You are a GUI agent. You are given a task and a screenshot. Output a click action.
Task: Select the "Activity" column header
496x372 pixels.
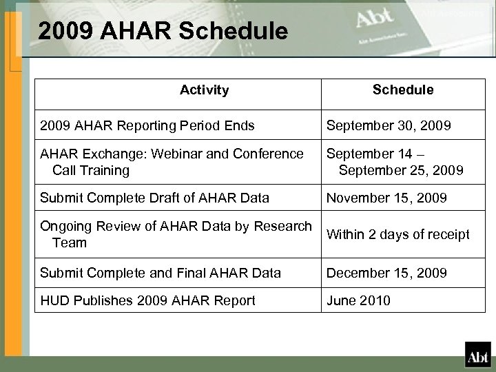coord(204,90)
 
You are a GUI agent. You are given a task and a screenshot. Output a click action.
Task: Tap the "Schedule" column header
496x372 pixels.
coord(403,90)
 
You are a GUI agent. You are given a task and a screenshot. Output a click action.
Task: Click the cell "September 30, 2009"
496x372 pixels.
coord(389,126)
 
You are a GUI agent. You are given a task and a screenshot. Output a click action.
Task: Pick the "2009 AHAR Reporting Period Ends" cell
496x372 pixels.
coord(147,126)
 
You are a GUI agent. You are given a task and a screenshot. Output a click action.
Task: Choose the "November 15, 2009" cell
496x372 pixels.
coord(386,198)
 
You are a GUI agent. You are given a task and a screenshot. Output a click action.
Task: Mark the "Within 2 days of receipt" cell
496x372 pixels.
coord(397,235)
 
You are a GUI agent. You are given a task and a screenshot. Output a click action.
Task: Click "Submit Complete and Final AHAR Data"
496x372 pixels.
coord(161,273)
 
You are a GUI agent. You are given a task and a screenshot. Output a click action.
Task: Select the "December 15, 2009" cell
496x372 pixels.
coord(386,273)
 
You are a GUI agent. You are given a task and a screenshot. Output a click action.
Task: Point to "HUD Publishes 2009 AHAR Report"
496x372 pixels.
coord(148,300)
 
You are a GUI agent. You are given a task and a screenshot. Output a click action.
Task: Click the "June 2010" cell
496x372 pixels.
coord(358,300)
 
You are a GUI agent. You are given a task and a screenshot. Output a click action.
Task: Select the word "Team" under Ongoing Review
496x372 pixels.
coord(70,242)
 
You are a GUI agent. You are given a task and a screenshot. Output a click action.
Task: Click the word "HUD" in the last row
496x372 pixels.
coord(54,300)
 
